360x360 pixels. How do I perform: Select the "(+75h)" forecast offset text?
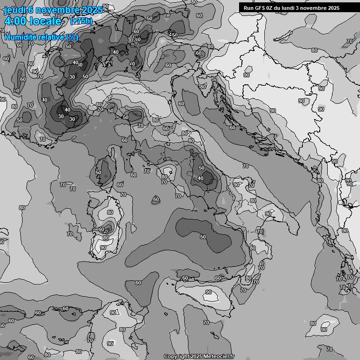pos(81,21)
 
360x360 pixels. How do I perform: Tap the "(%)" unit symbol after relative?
pos(72,37)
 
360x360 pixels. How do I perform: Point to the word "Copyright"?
pos(177,357)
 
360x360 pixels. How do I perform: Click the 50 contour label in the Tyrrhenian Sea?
pos(203,237)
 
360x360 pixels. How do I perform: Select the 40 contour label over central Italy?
pos(201,178)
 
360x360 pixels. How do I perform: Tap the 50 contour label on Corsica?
pos(98,172)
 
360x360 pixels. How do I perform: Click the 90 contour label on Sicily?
pos(209,292)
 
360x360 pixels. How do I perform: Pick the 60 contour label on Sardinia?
pos(101,229)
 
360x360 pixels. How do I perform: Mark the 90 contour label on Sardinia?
pos(103,247)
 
